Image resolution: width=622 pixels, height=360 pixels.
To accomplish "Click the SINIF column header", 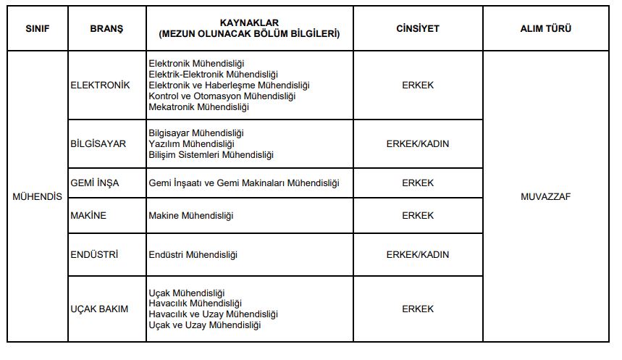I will coord(37,29).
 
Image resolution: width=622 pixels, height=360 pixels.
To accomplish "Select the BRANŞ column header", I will coord(106,29).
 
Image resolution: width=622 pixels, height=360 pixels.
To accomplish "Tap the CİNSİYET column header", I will coord(418,29).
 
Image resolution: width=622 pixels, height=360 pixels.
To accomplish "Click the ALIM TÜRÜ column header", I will coord(546,29).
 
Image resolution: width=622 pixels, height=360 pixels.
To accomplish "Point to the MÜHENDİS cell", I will coord(38,196).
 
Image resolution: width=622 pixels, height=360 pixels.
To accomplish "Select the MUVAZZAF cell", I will coord(546,196).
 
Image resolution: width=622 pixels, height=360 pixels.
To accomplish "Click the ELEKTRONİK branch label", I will coord(101,85).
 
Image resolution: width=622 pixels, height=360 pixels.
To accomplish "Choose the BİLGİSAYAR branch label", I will coord(98,143).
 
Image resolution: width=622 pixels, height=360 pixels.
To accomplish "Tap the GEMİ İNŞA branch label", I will coord(95,183).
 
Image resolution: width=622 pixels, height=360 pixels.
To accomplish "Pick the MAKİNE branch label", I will coord(88,215).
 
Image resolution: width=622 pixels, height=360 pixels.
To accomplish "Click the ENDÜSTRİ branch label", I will coord(94,254).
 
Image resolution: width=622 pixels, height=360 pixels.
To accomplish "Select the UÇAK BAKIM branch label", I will coord(99,309).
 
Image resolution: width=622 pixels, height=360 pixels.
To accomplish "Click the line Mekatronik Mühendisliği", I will coord(198,106).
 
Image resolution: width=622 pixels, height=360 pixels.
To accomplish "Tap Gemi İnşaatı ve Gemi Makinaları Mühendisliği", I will coord(243,183).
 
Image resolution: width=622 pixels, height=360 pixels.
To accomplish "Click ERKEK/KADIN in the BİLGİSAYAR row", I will coord(418,143).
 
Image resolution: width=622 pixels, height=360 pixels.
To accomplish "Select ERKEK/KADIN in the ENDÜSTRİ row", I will coord(418,254).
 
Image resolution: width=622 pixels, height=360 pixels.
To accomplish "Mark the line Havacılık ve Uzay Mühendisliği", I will coord(213,314).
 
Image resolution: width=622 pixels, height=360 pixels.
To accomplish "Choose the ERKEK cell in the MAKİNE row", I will coord(418,215).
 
